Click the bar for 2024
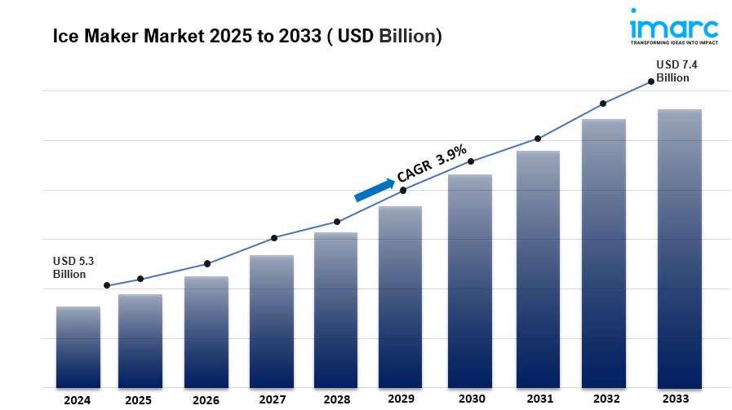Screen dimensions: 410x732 pyautogui.click(x=78, y=346)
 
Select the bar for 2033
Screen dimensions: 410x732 pyautogui.click(x=679, y=248)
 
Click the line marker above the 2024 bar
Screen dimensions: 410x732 pyautogui.click(x=107, y=285)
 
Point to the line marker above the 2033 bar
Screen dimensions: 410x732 pyautogui.click(x=651, y=82)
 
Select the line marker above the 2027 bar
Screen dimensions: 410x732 pyautogui.click(x=274, y=238)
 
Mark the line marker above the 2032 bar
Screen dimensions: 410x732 pyautogui.click(x=603, y=104)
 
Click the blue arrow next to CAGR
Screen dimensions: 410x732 pyautogui.click(x=373, y=188)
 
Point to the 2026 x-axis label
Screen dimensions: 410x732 pyautogui.click(x=206, y=400)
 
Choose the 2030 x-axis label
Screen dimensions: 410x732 pyautogui.click(x=472, y=399)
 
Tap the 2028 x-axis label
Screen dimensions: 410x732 pyautogui.click(x=336, y=400)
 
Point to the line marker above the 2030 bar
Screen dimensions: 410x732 pyautogui.click(x=471, y=161)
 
